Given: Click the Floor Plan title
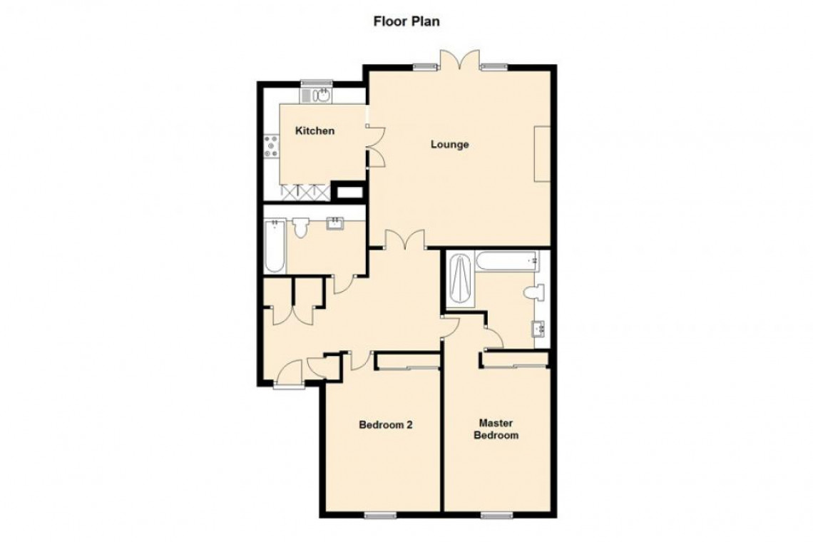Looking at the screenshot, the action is pos(406,21).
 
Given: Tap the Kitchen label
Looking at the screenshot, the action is pos(315,131).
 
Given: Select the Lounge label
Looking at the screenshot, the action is pos(449,144).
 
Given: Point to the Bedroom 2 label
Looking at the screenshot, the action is pos(386,425).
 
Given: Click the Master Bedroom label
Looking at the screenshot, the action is pos(496,429).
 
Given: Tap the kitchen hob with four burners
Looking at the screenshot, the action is pos(271,146).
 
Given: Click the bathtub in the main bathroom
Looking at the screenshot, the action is pos(275,246).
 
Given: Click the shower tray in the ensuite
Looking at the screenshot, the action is pos(461,280).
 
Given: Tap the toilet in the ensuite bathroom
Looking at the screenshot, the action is pos(534,293).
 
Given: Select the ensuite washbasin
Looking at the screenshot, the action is pos(538,328).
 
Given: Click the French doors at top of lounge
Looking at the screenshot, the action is pos(459,59).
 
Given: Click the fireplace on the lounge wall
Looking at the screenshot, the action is pos(542,153).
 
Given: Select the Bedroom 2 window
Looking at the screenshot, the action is pos(381,515).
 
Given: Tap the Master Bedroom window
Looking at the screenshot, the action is pos(497,515).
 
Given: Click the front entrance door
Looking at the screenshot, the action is pos(288,374).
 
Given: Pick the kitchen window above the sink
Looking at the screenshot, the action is pos(316,82).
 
